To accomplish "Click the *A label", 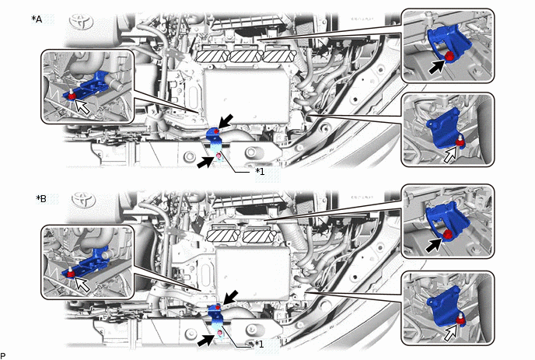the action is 37,19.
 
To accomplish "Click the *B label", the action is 41,198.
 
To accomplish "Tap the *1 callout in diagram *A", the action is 260,171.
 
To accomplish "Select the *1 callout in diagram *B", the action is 259,344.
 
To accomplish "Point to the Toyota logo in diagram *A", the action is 82,22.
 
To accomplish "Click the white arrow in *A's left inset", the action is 82,107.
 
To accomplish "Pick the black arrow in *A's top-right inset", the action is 438,66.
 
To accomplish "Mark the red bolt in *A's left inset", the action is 72,95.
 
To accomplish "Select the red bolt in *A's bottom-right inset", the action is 461,141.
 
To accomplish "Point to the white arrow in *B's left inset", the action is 82,284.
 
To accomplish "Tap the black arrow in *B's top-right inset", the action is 435,244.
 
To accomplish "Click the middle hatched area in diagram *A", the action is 246,56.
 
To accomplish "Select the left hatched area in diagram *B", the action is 224,236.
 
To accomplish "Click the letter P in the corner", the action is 3,357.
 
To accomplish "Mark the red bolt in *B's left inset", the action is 70,273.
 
